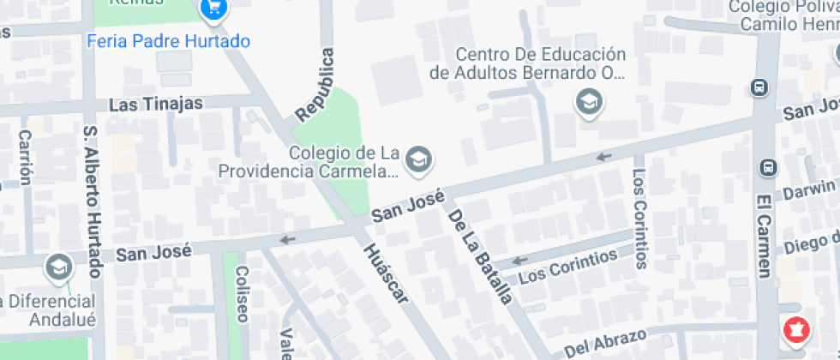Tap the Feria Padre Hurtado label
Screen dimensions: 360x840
(169, 41)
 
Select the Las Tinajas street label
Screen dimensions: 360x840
(156, 105)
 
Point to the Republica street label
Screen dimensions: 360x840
(315, 85)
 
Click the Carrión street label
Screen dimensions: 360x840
(25, 158)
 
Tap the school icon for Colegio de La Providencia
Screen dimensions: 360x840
(418, 159)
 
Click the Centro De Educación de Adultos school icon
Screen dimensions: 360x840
(589, 103)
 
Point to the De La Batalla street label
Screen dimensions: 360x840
(480, 257)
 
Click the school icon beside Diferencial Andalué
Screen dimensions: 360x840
(59, 267)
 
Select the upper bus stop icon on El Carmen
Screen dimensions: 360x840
(759, 87)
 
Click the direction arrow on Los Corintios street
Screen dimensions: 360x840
(519, 261)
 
